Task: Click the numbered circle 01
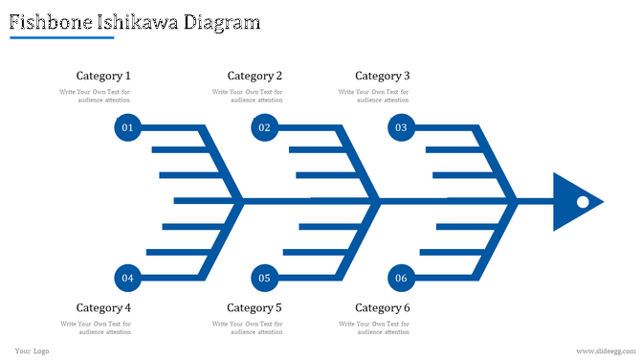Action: point(127,127)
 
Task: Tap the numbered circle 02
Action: point(264,127)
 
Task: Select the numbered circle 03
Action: point(401,127)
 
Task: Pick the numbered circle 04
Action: point(127,278)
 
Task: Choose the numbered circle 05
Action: point(264,278)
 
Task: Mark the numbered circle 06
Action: point(401,278)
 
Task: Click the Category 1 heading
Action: point(103,76)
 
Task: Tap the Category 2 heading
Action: point(254,76)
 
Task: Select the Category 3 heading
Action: point(383,76)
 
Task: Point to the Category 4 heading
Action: point(103,307)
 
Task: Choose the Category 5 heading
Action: point(254,307)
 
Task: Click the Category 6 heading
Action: point(383,307)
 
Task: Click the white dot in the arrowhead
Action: point(581,202)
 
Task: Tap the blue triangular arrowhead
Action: point(568,202)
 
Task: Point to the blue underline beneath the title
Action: point(61,38)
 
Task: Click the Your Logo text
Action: point(32,351)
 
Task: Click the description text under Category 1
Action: point(95,96)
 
